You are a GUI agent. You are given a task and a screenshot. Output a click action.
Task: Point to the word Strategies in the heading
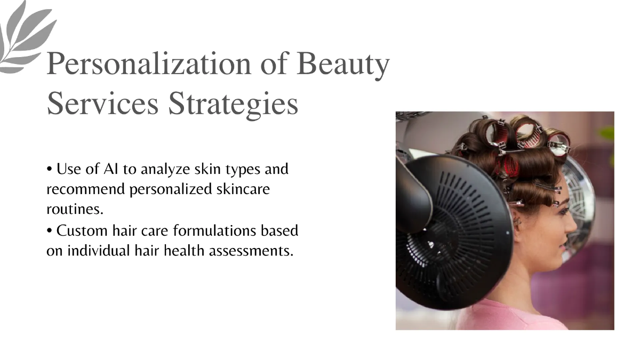(x=233, y=103)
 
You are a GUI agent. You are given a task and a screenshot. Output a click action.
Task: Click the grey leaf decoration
(x=24, y=37)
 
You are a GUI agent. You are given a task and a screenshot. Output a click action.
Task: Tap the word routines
(x=75, y=209)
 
